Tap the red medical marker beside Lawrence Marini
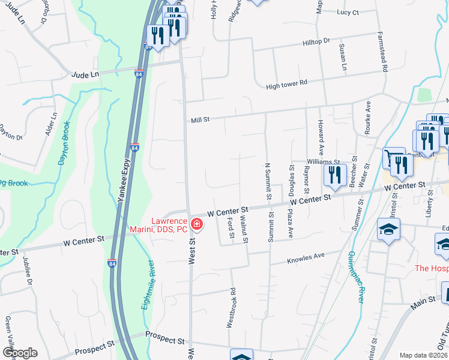click(196, 225)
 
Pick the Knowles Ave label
click(306, 257)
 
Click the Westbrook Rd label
click(230, 308)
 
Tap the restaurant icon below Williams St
click(334, 175)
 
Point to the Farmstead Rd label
click(381, 51)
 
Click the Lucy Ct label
click(348, 12)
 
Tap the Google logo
click(19, 353)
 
